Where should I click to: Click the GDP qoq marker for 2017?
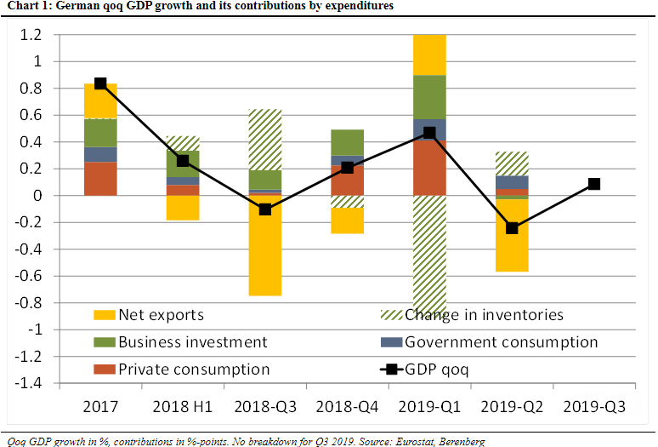coord(100,83)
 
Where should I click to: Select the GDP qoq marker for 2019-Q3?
coord(594,184)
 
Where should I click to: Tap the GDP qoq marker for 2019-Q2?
coord(512,228)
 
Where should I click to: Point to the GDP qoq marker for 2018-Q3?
coord(265,209)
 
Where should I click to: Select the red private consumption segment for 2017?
coord(100,179)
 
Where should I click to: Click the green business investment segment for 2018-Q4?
coord(347,142)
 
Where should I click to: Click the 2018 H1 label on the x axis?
coord(183,408)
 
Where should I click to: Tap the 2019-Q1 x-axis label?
coord(429,408)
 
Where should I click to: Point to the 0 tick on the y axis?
coord(60,196)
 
